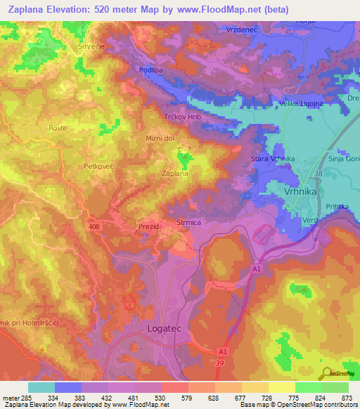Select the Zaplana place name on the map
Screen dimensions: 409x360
pos(174,172)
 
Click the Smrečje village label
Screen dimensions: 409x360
pos(90,46)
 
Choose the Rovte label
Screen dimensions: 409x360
pos(58,127)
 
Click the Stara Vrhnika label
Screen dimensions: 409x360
pos(272,160)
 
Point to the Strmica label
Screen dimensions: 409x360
pos(190,222)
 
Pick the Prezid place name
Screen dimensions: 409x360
pos(149,227)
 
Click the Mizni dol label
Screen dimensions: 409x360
pos(160,138)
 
